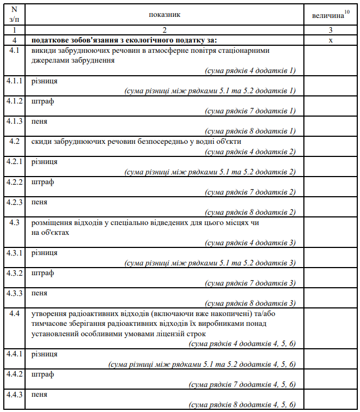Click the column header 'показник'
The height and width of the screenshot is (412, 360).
(x=164, y=15)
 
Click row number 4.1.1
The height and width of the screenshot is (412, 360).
(x=15, y=81)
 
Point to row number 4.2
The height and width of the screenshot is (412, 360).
(x=15, y=142)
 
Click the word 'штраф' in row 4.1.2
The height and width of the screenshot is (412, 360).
(x=43, y=101)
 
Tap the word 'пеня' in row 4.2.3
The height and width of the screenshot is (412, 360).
(x=39, y=202)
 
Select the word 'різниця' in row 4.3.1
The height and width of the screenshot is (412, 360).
(x=45, y=253)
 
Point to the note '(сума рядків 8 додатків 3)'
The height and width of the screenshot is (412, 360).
(x=250, y=303)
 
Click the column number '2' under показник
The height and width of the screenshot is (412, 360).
(x=164, y=31)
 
